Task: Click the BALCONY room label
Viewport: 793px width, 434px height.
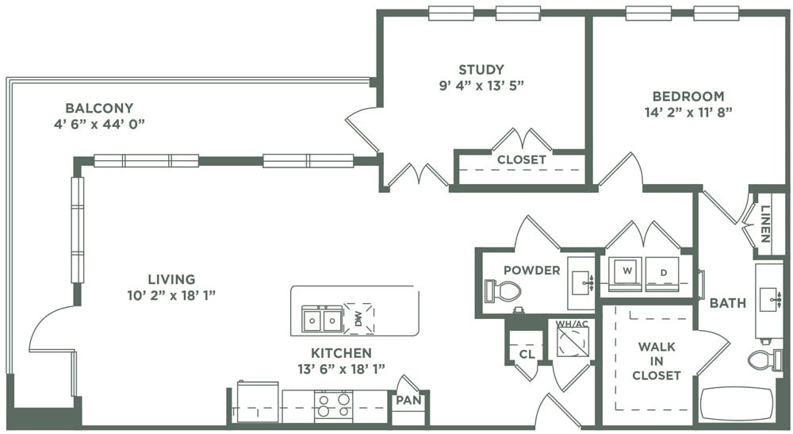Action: [99, 108]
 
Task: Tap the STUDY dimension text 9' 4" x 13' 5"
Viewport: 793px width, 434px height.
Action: [481, 84]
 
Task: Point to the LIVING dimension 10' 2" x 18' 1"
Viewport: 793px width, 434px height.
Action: [170, 294]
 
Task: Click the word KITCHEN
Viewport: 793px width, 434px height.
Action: [342, 353]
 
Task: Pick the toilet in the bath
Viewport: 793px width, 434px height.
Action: [764, 360]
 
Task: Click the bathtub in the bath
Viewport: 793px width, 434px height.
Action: [736, 404]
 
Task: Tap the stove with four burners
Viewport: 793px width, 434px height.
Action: [334, 405]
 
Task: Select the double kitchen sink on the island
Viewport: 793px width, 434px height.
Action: [322, 320]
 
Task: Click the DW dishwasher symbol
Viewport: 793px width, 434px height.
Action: [358, 319]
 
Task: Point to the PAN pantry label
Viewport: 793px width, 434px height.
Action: [408, 401]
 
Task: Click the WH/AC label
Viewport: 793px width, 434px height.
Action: [571, 322]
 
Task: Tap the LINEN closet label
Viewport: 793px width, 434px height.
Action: [765, 224]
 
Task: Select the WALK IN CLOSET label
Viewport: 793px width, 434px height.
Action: [657, 361]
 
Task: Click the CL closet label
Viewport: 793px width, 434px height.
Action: [526, 354]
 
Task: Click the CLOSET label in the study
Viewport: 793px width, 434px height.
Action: [521, 159]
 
